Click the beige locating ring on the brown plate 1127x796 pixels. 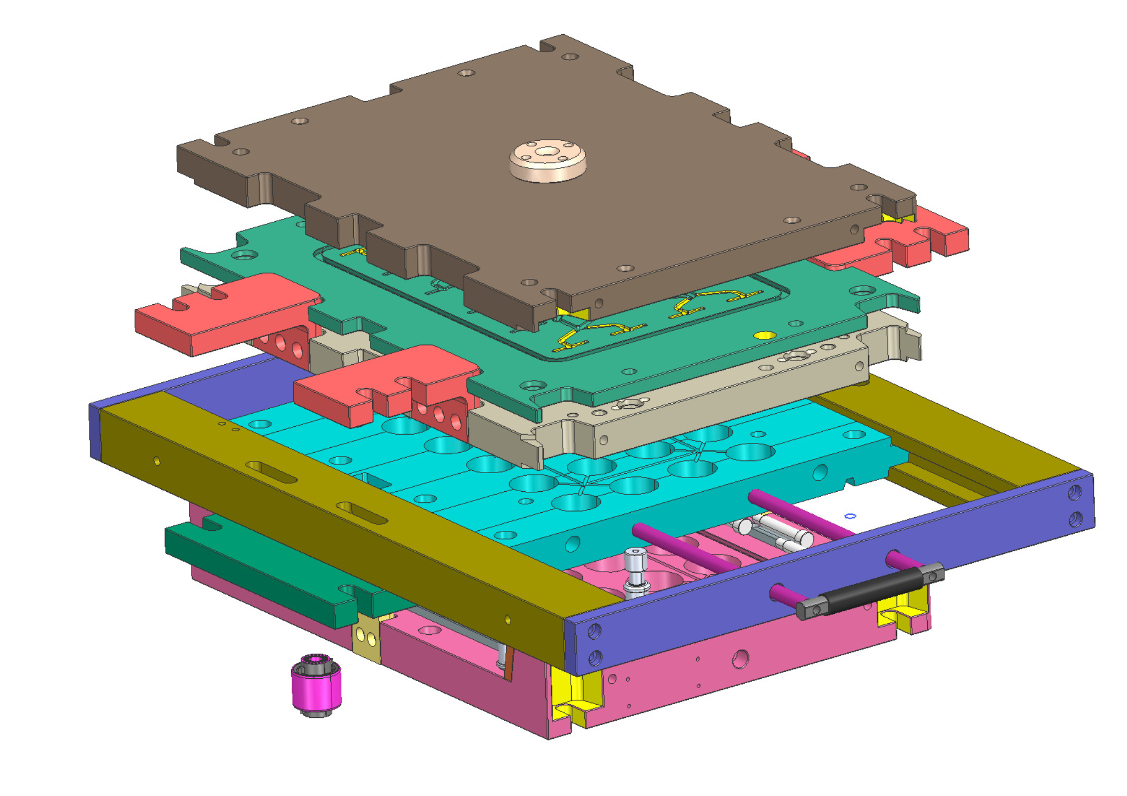click(x=547, y=160)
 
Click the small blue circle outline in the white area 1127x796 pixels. click(x=850, y=516)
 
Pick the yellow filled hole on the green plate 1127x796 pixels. click(x=764, y=334)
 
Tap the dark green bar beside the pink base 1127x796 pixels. click(x=259, y=567)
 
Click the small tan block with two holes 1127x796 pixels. click(x=366, y=638)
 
